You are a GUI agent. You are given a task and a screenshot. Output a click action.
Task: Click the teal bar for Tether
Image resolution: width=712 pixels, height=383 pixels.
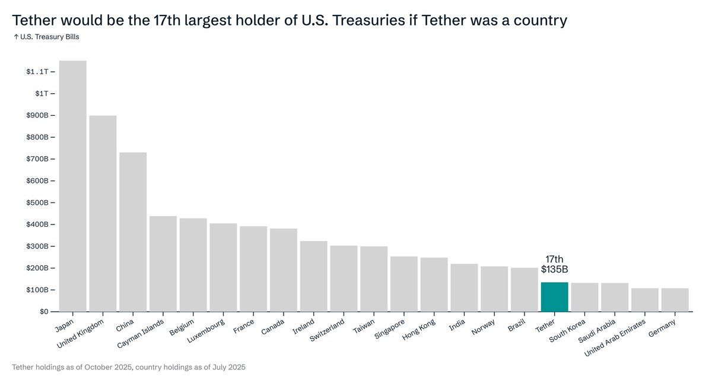(x=554, y=296)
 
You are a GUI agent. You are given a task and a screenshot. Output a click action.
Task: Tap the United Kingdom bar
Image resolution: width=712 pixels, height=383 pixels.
(x=103, y=213)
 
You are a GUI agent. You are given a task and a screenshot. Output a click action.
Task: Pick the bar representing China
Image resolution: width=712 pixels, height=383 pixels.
(x=133, y=232)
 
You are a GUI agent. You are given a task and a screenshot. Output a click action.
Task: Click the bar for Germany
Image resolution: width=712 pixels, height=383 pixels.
(x=675, y=300)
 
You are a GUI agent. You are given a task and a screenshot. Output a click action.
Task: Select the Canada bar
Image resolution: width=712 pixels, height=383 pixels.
(x=284, y=270)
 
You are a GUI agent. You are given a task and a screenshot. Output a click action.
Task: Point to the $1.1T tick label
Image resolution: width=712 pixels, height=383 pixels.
(x=37, y=72)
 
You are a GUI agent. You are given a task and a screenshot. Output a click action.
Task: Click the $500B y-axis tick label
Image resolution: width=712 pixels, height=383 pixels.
(x=37, y=202)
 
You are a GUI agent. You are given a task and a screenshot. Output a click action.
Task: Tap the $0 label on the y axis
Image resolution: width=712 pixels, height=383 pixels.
(x=44, y=312)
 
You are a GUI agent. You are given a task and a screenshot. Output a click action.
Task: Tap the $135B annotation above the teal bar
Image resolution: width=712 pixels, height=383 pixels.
(x=554, y=269)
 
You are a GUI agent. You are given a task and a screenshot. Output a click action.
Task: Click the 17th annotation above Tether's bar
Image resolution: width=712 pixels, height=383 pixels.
(x=554, y=259)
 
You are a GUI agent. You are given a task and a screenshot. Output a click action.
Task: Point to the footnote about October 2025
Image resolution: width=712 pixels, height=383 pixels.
(x=128, y=368)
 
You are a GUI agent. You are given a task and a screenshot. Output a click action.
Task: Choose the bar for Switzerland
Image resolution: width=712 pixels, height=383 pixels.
(x=344, y=278)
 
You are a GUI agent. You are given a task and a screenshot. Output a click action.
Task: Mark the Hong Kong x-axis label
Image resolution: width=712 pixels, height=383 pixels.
(x=419, y=330)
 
